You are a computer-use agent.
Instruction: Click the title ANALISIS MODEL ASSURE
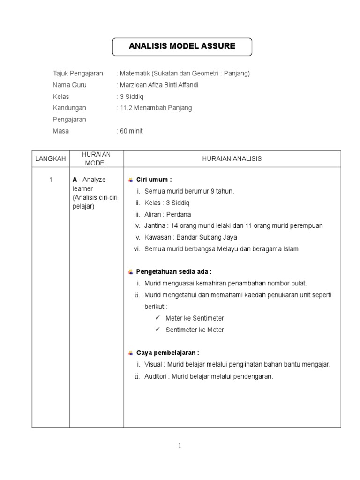pyautogui.click(x=182, y=46)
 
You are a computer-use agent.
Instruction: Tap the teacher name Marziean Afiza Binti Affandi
pyautogui.click(x=159, y=85)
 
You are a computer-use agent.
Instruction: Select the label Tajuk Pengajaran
pyautogui.click(x=78, y=74)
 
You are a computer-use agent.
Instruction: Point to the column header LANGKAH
pyautogui.click(x=51, y=159)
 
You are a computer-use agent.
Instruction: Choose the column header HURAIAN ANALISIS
pyautogui.click(x=232, y=159)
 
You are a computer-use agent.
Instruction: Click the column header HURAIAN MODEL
pyautogui.click(x=97, y=159)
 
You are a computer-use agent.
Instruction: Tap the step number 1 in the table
pyautogui.click(x=51, y=180)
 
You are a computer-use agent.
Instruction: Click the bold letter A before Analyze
pyautogui.click(x=75, y=180)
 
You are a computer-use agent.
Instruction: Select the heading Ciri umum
pyautogui.click(x=154, y=180)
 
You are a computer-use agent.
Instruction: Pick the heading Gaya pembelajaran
pyautogui.click(x=167, y=352)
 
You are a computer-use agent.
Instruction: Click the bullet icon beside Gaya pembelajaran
pyautogui.click(x=131, y=352)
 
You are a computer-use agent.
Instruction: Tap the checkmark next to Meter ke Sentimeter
pyautogui.click(x=158, y=318)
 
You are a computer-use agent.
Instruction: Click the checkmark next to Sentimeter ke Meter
pyautogui.click(x=158, y=330)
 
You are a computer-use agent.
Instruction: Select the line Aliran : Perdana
pyautogui.click(x=165, y=214)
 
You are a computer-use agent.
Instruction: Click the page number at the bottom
pyautogui.click(x=180, y=446)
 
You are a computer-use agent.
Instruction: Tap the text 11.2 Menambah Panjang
pyautogui.click(x=156, y=108)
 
